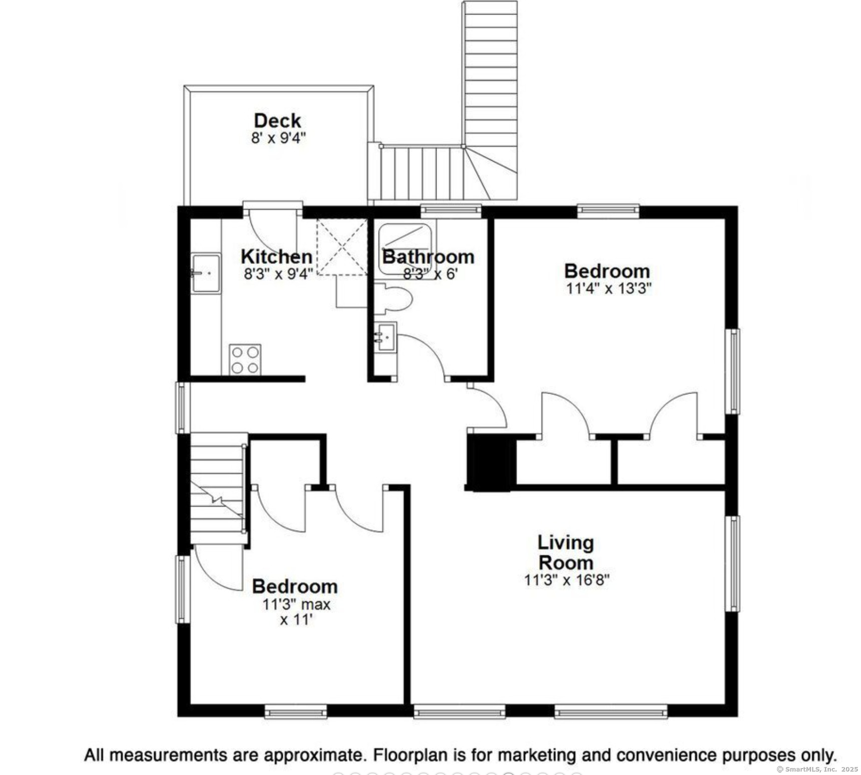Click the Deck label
pos(277,121)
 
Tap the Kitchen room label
pos(277,256)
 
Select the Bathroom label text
pos(428,256)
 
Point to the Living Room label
pos(566,552)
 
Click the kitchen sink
pos(206,273)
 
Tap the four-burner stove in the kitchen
pos(245,359)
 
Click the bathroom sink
pos(385,336)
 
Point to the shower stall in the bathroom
pos(405,249)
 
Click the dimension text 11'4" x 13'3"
pos(609,289)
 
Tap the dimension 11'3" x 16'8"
pos(567,580)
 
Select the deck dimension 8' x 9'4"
pos(278,138)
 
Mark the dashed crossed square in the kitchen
pos(342,247)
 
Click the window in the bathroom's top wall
pos(451,211)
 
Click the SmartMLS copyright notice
pos(817,769)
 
